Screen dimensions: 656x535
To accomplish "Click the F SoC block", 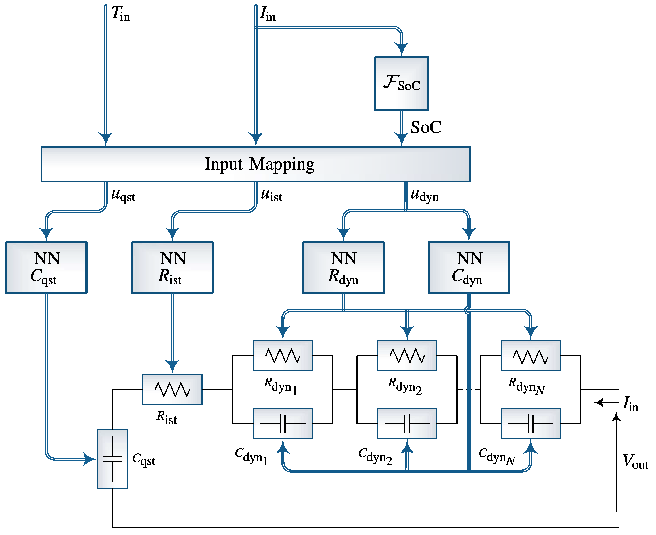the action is coord(402,84).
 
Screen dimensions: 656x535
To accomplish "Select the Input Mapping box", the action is coord(256,164).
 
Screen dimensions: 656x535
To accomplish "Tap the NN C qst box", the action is coord(46,267).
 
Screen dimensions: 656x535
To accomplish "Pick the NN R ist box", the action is coord(172,267).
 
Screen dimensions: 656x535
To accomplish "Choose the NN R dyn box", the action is coord(344,267).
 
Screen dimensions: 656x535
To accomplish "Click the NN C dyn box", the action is coord(469,267).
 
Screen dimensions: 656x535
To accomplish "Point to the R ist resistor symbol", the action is coord(172,390).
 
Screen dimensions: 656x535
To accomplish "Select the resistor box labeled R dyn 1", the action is coord(283,356).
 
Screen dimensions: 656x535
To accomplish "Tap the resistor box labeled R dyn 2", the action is coord(407,356).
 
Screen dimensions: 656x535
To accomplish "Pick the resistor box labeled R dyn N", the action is coord(530,356).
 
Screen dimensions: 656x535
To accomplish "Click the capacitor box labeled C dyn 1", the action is coord(283,424).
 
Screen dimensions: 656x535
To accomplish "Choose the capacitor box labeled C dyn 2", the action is coord(407,424).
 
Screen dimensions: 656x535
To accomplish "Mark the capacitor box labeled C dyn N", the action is coord(530,424).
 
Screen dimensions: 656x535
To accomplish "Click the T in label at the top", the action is coord(121,14).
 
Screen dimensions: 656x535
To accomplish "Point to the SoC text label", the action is coord(426,127).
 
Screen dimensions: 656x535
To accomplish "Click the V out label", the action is coord(635,461).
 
